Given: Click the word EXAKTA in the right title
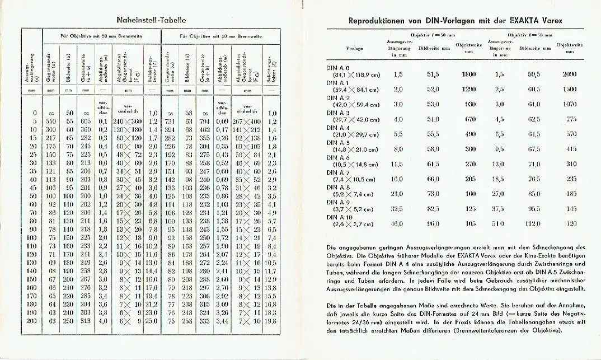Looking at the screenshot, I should pyautogui.click(x=511, y=21).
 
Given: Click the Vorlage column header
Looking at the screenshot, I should pyautogui.click(x=355, y=49).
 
